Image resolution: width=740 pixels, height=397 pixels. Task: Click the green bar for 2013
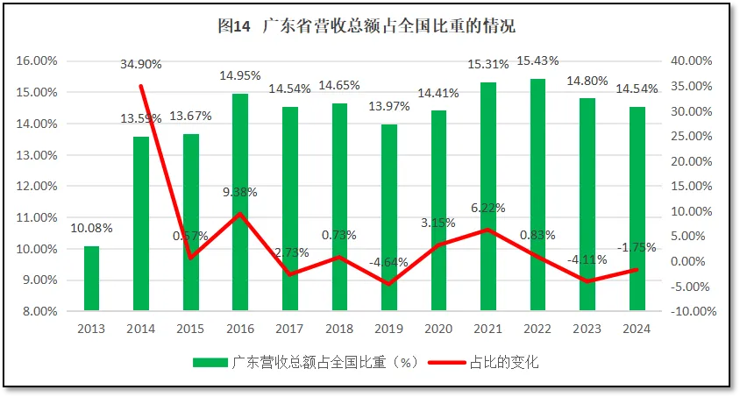click(91, 278)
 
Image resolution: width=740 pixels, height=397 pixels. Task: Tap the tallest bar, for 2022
click(537, 194)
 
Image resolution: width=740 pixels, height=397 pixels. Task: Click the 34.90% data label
click(141, 64)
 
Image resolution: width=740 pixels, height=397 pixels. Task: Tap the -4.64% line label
click(388, 262)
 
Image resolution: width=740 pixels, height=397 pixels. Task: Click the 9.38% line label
click(239, 193)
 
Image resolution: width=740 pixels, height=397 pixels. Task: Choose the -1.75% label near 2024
click(636, 248)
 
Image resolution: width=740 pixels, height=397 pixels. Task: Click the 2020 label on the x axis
click(438, 329)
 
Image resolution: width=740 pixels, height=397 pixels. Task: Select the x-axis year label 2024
click(637, 329)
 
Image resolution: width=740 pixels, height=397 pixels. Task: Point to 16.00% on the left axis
click(37, 61)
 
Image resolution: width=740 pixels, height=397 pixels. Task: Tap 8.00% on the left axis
click(40, 311)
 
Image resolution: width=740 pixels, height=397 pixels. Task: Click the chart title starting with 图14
click(368, 25)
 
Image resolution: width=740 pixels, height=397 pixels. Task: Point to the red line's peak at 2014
click(141, 86)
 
